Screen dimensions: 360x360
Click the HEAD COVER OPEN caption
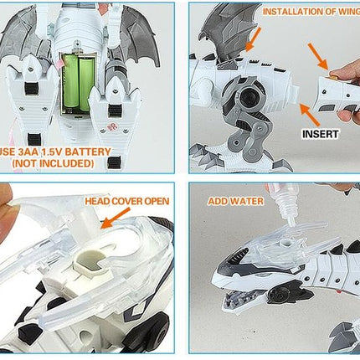(126, 202)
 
